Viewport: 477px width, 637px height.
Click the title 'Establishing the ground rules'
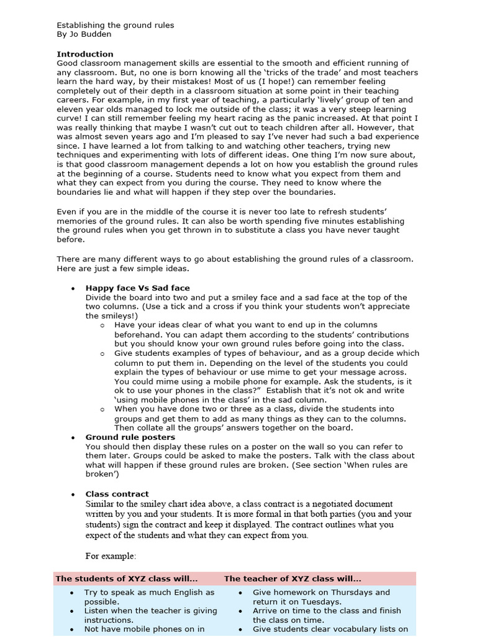pos(116,26)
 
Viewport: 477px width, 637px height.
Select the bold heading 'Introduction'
pos(85,54)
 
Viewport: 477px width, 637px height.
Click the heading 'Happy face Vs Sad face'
pos(137,288)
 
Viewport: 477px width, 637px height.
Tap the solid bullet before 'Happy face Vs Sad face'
pos(73,289)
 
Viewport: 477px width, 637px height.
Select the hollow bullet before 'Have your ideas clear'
pos(102,325)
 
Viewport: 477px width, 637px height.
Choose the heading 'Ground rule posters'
pos(130,437)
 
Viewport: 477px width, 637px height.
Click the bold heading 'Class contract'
pos(117,494)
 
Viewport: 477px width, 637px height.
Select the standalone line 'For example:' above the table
pos(111,556)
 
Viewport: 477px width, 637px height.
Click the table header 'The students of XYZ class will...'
pos(127,579)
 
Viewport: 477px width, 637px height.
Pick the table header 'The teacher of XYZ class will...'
pos(293,579)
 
